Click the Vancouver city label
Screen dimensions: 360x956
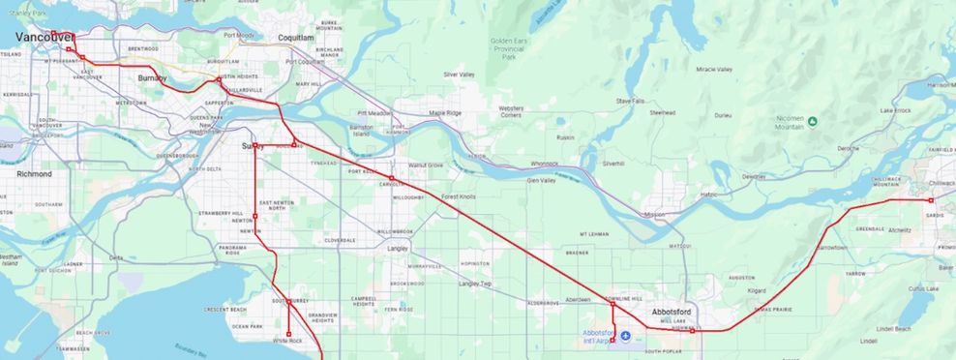[x=45, y=37]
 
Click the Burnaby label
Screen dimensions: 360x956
[x=152, y=77]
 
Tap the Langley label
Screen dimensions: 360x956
[x=397, y=249]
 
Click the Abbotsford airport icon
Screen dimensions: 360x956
[x=625, y=336]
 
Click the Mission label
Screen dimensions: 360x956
[x=654, y=214]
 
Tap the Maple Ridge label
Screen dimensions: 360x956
[x=445, y=113]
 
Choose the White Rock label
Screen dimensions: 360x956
[x=287, y=341]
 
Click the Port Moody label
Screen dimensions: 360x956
[x=239, y=36]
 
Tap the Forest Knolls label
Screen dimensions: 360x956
[x=458, y=197]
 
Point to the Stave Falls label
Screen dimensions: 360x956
[x=630, y=101]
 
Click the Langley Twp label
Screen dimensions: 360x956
[x=475, y=284]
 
